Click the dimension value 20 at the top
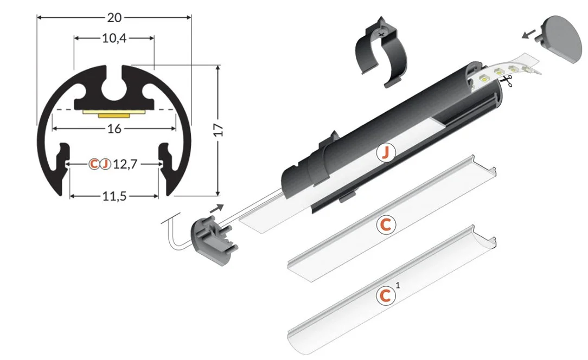114,17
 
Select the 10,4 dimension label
114,38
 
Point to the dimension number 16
114,128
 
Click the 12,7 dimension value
125,164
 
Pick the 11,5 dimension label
114,196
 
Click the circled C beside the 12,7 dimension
94,164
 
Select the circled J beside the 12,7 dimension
106,164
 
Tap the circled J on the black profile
386,153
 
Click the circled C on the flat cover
386,225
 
